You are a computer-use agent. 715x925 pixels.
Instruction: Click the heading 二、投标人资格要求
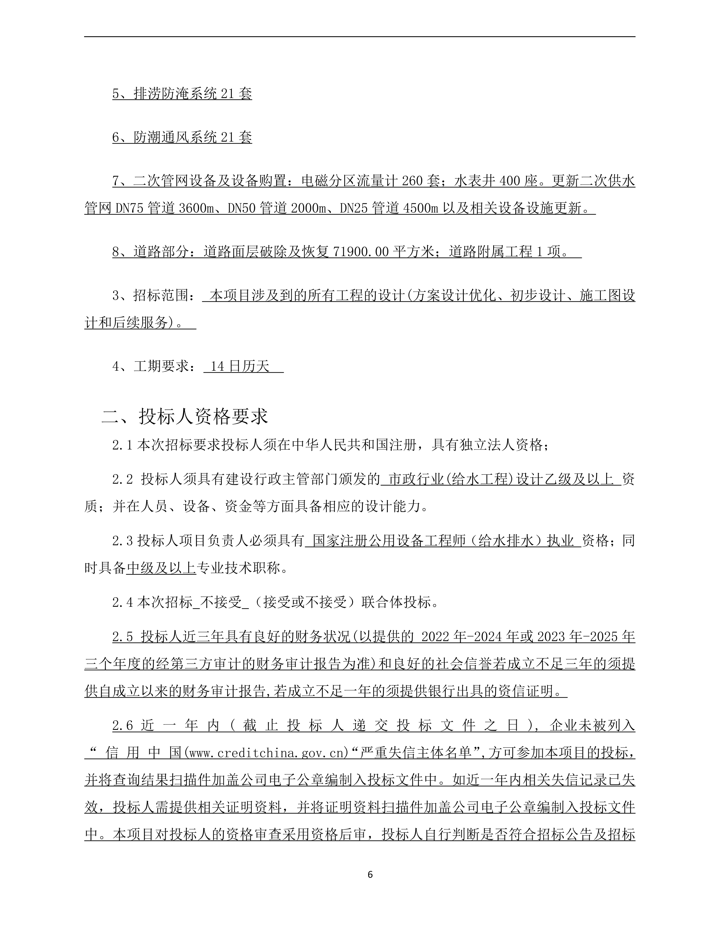point(185,417)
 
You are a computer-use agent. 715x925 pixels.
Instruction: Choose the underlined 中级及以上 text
point(162,568)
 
